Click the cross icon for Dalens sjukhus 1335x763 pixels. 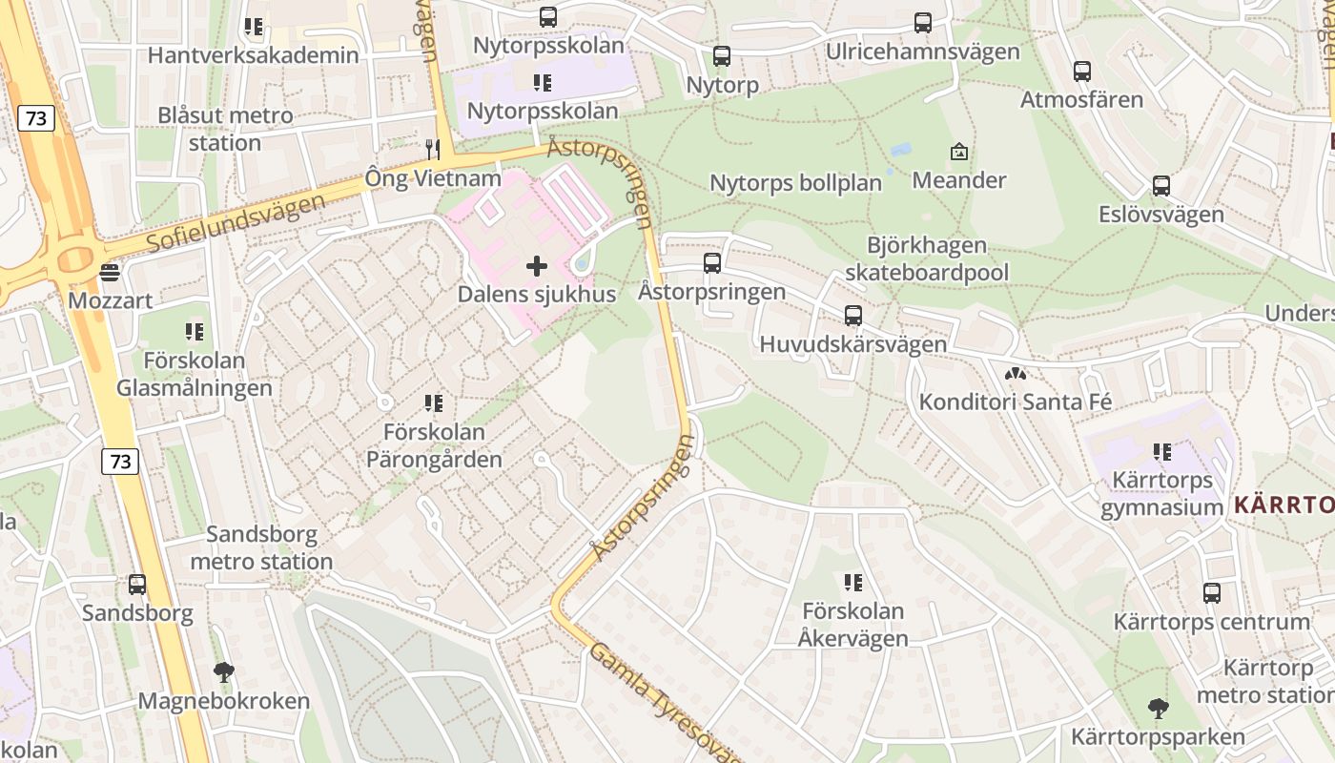pos(537,266)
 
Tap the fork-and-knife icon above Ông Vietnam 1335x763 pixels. pos(433,149)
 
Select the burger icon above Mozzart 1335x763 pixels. pos(110,273)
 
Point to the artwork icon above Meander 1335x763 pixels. pos(959,152)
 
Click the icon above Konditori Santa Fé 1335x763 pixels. pos(1016,374)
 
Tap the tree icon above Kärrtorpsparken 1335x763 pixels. pos(1159,709)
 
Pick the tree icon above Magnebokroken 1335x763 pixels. pos(224,672)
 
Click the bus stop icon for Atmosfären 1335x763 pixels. pos(1082,72)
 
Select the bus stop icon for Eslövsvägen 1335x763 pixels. pos(1160,186)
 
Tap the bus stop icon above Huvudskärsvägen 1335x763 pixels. pos(853,316)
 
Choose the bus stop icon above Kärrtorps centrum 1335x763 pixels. pos(1212,593)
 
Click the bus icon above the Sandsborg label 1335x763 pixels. pos(137,585)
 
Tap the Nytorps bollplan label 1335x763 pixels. pos(795,182)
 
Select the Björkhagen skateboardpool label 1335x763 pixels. pos(927,259)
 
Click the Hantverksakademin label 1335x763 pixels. pos(254,55)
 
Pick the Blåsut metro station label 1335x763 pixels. pos(225,129)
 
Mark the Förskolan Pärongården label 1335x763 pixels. pos(434,445)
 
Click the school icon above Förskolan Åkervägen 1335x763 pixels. pos(853,582)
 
